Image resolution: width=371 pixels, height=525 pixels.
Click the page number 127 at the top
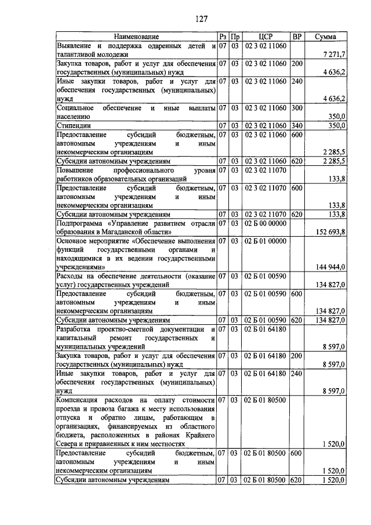[201, 18]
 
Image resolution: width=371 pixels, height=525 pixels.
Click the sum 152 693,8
[328, 232]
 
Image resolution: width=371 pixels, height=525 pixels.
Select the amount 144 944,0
[329, 267]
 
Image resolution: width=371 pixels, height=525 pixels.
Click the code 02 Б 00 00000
[265, 223]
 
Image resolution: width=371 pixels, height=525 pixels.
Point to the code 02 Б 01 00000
[265, 241]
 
